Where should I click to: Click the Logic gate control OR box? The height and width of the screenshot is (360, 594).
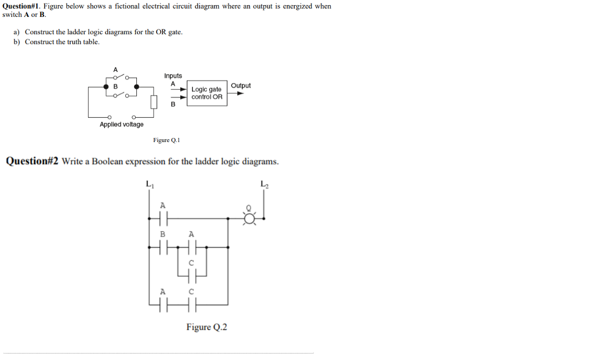207,93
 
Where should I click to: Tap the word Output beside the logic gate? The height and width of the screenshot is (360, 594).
241,86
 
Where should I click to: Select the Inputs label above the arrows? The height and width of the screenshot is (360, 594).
173,76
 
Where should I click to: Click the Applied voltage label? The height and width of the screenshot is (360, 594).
121,125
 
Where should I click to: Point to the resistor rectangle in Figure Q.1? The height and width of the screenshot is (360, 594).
154,103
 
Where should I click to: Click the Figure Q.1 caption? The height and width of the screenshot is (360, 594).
167,140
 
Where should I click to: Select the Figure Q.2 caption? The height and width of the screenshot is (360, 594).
207,327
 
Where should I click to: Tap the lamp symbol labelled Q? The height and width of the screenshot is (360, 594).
250,218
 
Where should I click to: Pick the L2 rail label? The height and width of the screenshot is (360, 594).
265,185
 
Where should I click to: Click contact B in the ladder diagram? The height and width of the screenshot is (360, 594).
163,248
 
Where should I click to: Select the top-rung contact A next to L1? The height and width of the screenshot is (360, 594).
163,219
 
